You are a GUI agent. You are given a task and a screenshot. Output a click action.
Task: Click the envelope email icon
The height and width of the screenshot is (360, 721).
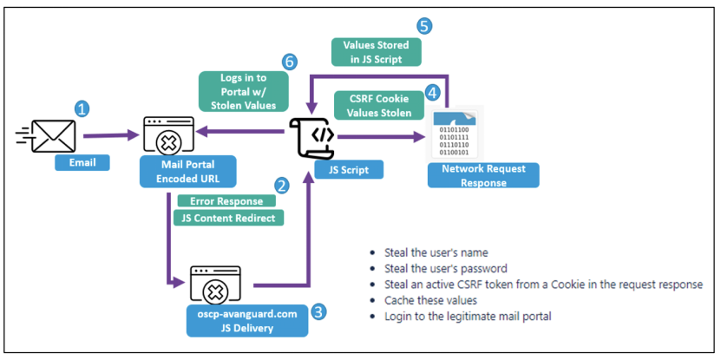[x=45, y=135]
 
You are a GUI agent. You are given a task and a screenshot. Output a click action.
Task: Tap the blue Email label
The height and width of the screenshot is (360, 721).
[x=82, y=163]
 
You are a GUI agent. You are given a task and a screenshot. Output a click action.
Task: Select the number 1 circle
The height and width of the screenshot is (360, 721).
[x=82, y=109]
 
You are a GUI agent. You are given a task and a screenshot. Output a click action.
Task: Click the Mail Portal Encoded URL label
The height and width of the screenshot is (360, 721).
[x=187, y=172]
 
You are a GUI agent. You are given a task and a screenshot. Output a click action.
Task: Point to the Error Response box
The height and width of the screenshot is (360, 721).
[x=226, y=201]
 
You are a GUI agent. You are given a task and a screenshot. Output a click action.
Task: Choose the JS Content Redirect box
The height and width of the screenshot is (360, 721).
[x=228, y=218]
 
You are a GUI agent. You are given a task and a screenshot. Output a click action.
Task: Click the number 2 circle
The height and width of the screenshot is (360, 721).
[x=281, y=186]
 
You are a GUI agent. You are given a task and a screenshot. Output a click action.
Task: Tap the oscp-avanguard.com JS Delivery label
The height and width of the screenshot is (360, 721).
[x=247, y=321]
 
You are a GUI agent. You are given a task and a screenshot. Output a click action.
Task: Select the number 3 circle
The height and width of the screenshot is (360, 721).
[x=318, y=311]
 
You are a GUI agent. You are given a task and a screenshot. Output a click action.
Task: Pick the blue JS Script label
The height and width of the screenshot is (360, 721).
[x=349, y=170]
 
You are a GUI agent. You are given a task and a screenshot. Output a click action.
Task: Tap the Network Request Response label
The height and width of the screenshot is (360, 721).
[x=483, y=175]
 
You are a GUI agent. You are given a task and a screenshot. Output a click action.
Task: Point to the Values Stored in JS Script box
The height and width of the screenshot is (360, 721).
[x=377, y=52]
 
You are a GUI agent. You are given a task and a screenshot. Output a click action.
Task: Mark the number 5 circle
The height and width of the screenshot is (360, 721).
[x=424, y=26]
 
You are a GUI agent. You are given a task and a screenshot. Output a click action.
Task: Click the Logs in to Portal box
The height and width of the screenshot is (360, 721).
[x=243, y=91]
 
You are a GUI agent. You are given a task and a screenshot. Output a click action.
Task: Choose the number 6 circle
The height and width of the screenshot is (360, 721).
[x=289, y=62]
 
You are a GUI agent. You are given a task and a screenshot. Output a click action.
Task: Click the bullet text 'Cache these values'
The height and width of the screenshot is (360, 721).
[x=430, y=300]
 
